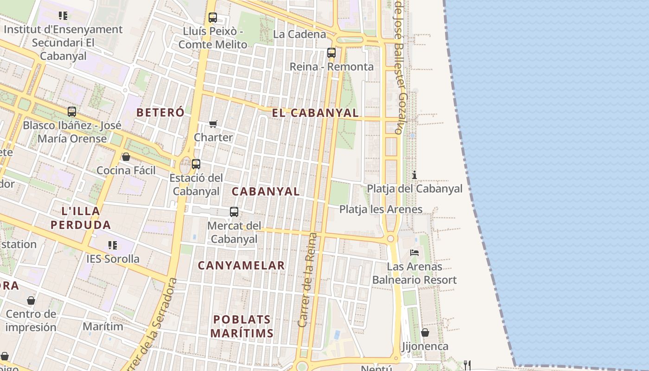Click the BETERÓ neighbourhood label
160,112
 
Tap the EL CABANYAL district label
315,113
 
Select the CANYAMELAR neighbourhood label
241,265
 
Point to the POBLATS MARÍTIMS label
242,326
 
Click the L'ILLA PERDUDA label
81,218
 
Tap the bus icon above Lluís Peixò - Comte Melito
213,18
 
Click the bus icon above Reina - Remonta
331,53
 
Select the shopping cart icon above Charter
213,124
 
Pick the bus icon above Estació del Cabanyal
196,164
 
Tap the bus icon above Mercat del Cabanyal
234,212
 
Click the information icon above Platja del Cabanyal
414,175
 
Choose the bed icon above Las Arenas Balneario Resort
414,253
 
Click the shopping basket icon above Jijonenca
425,333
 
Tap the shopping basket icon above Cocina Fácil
126,157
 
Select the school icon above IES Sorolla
113,245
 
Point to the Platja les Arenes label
381,209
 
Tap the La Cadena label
299,34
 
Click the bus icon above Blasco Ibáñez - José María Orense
72,112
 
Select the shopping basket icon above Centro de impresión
31,301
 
